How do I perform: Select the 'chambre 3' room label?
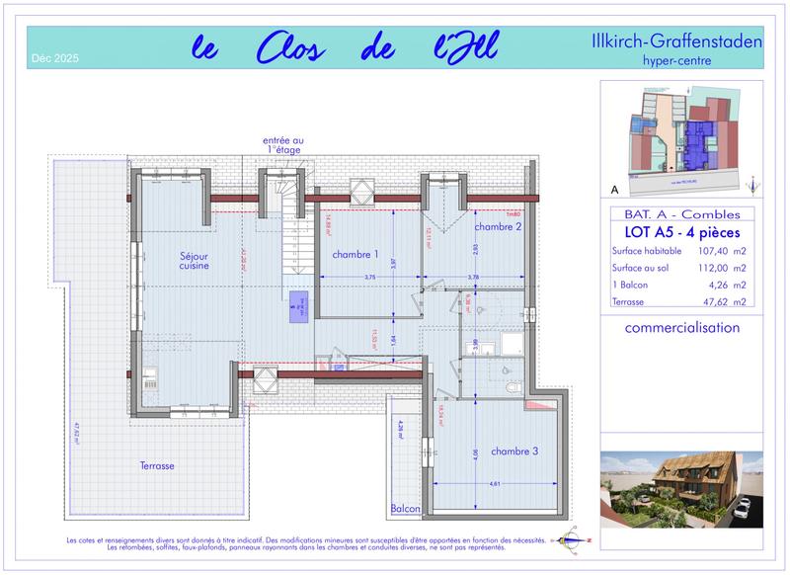click(x=514, y=452)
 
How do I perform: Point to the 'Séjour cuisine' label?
click(x=166, y=260)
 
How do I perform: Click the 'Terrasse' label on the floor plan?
click(x=157, y=464)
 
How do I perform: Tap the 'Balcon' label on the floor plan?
click(x=405, y=509)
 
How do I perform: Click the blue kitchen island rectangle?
click(x=297, y=310)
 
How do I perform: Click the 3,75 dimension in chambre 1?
click(x=369, y=278)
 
